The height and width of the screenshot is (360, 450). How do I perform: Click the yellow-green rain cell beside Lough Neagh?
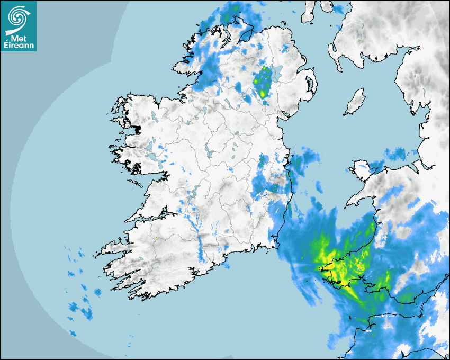pyautogui.click(x=262, y=83)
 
